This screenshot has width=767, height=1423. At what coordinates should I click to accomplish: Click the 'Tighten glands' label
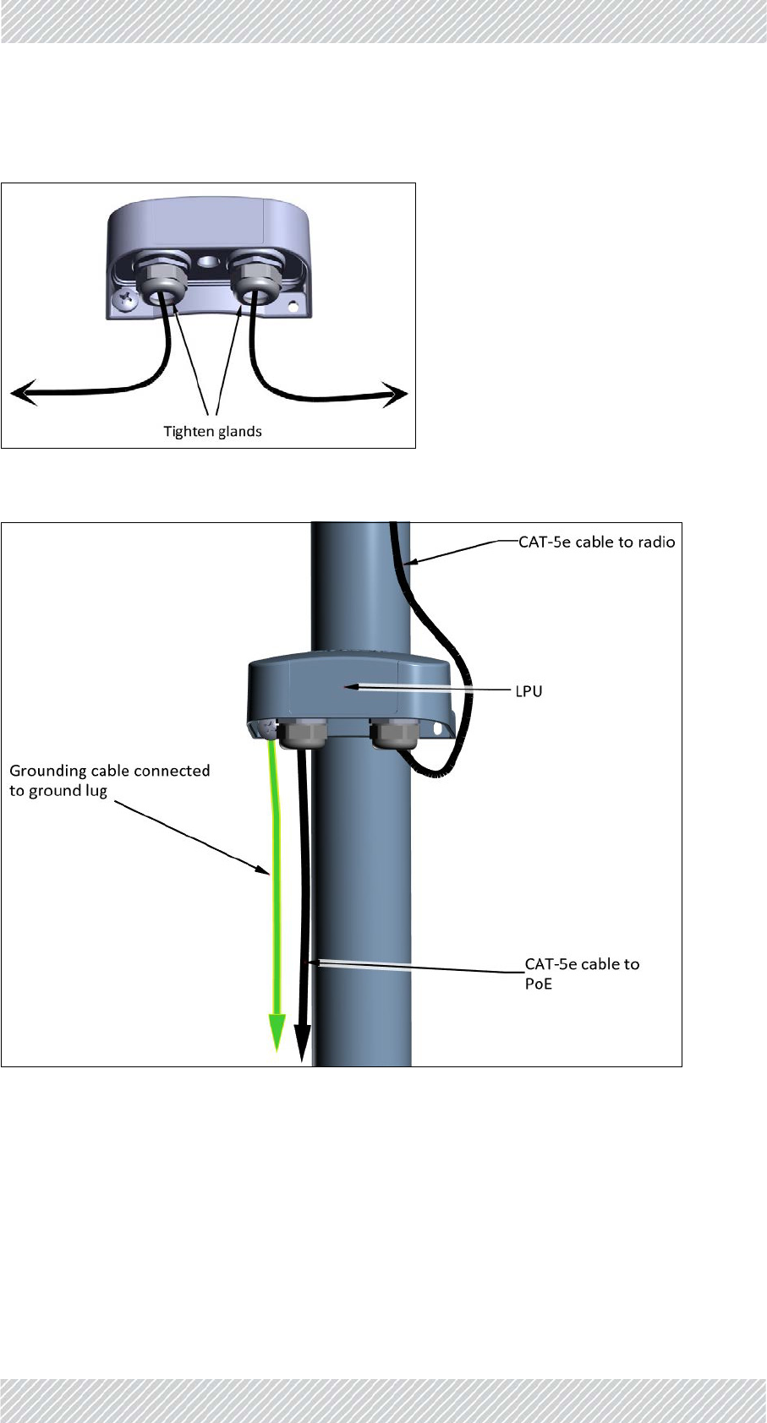click(x=212, y=432)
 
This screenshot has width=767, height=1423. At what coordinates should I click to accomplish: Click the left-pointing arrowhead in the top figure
click(x=24, y=393)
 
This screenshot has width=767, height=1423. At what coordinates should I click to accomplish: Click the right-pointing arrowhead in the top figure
click(x=395, y=394)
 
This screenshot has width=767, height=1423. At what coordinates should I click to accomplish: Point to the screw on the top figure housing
click(x=124, y=298)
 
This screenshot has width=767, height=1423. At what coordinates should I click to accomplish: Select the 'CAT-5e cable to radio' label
click(x=596, y=542)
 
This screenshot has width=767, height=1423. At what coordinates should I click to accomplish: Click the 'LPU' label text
click(x=529, y=692)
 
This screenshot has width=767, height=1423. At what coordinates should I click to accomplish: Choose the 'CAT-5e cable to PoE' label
click(x=582, y=973)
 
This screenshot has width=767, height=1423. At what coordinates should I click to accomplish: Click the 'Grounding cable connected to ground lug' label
click(x=109, y=780)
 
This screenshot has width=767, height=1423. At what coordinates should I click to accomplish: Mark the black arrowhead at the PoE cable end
click(x=302, y=1037)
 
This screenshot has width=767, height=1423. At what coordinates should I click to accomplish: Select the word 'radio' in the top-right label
click(x=655, y=542)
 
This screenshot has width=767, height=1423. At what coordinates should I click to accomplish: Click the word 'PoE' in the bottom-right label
click(x=539, y=984)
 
